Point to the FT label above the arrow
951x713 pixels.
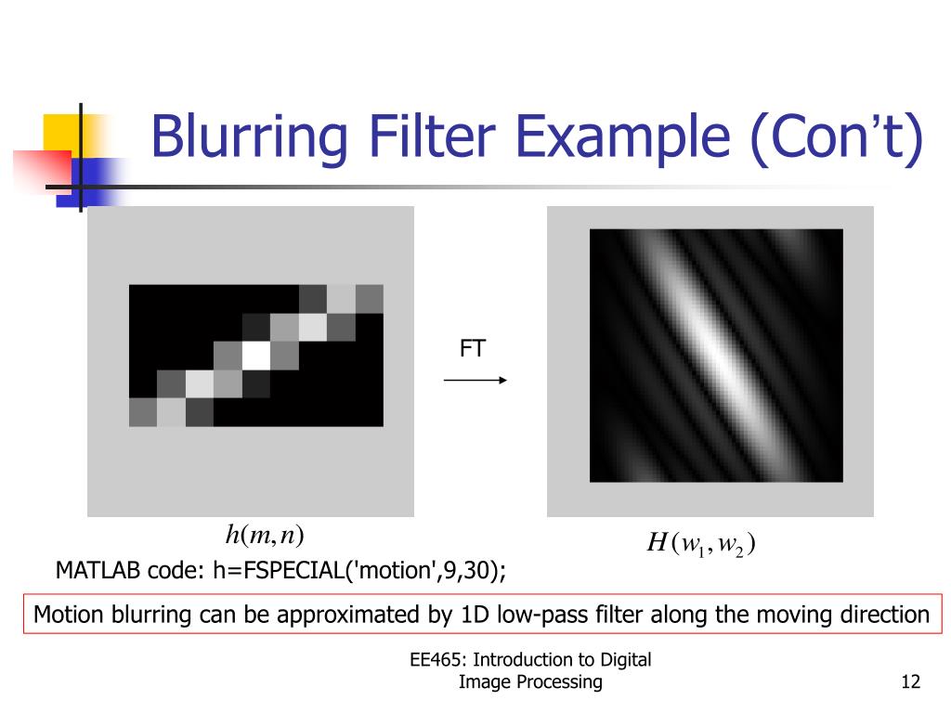473,349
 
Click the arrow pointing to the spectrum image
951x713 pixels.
475,380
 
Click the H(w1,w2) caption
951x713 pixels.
700,543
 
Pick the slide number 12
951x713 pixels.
910,683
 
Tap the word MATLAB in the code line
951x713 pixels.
98,569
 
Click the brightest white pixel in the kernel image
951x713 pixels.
255,355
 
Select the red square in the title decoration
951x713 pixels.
43,167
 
